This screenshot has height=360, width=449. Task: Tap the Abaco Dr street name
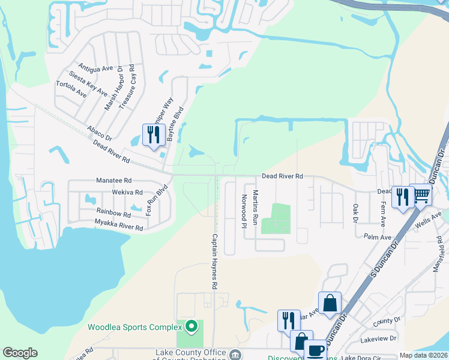click(99, 133)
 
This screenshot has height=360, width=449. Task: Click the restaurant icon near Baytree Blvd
click(152, 135)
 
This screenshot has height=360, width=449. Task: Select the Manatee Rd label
click(113, 180)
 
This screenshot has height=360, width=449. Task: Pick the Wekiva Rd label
click(126, 193)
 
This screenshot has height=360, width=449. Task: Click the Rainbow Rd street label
click(113, 214)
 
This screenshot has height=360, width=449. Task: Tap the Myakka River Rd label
click(119, 226)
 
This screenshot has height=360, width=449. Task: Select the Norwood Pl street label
click(244, 211)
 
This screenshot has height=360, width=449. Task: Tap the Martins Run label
click(255, 207)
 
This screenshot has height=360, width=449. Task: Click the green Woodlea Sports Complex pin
click(191, 326)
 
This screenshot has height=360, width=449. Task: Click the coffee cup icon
click(315, 350)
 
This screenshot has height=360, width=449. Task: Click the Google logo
click(20, 353)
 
